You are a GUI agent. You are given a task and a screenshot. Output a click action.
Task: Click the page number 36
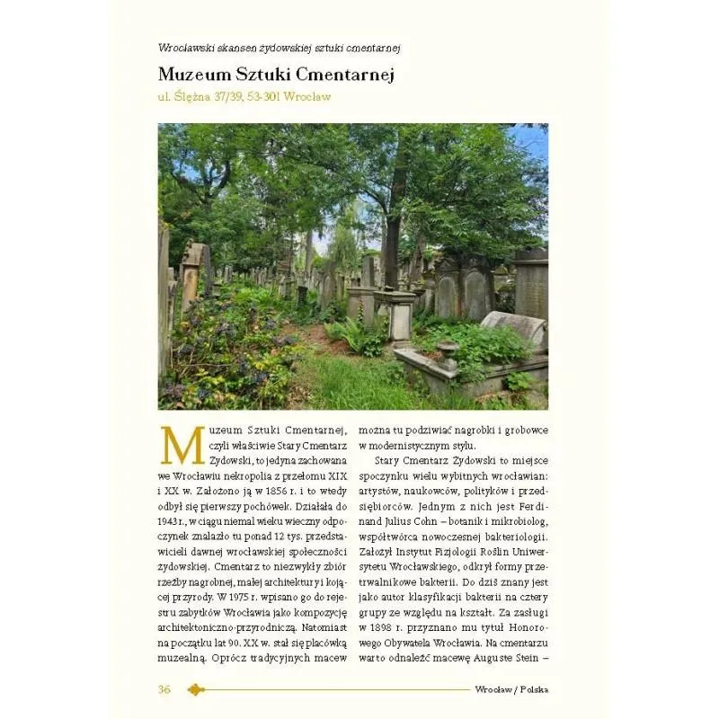[x=164, y=689]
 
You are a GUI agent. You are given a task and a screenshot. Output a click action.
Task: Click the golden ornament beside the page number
[x=196, y=689]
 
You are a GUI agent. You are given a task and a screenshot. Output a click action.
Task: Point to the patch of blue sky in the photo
[x=530, y=139]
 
